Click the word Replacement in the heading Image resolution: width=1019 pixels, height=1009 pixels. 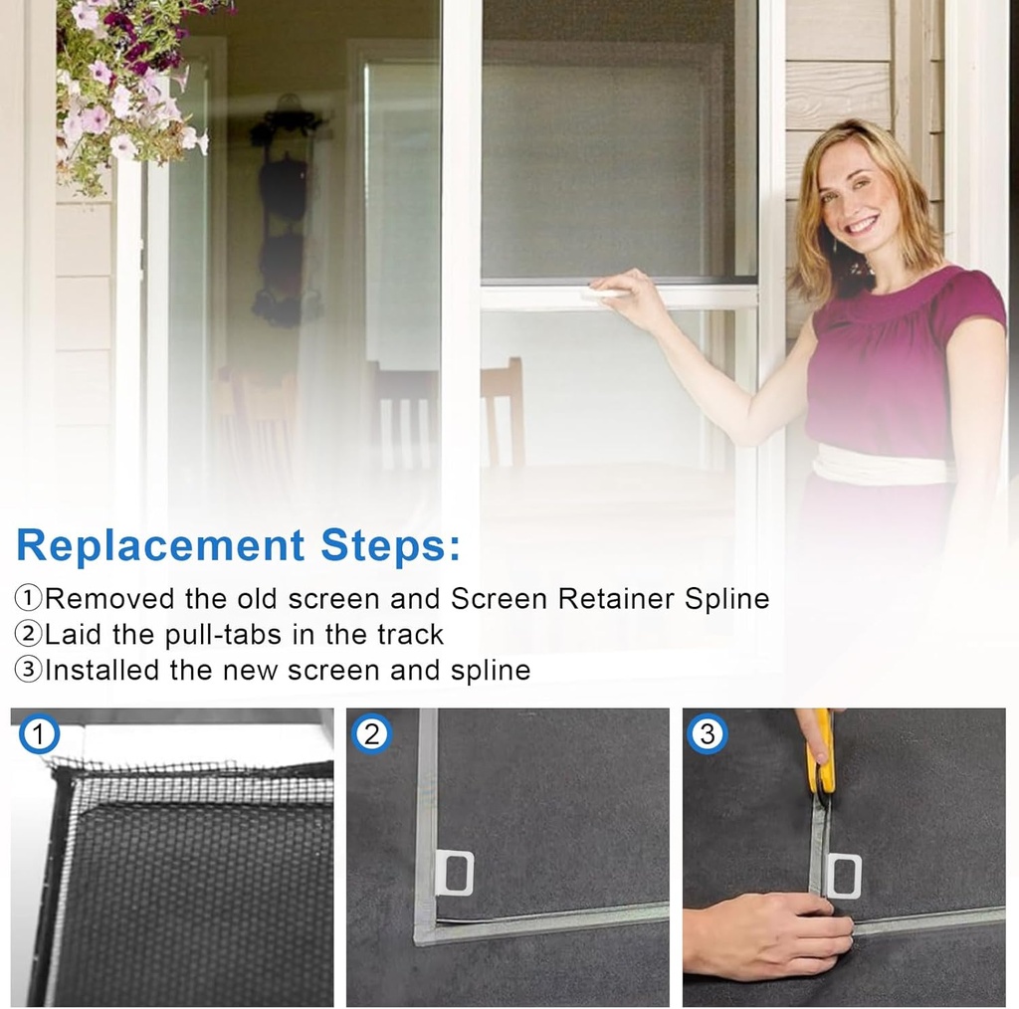(x=159, y=546)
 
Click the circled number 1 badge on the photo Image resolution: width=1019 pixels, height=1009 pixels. (x=39, y=736)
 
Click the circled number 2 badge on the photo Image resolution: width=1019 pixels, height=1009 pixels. (x=372, y=735)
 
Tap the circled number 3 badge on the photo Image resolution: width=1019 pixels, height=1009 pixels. (x=708, y=735)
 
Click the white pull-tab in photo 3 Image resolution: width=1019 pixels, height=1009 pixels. (x=844, y=876)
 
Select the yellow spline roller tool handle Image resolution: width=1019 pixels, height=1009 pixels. (x=821, y=751)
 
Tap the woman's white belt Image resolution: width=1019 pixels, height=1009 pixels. (x=876, y=466)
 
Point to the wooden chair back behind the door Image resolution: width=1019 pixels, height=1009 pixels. (x=502, y=408)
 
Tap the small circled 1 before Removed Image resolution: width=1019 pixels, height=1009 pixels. (x=29, y=599)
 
